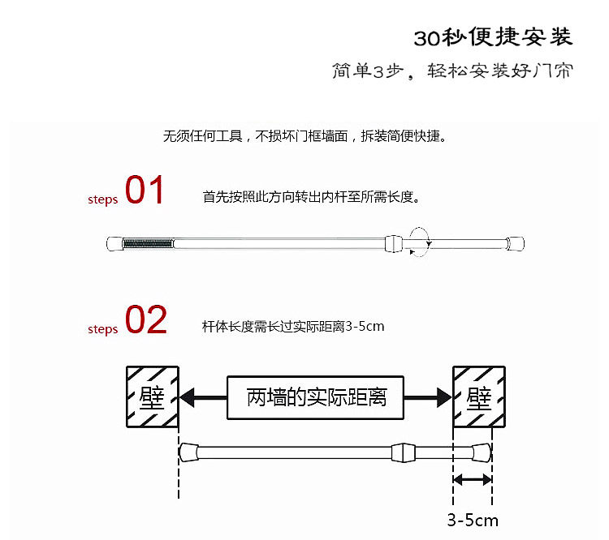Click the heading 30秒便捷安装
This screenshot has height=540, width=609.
click(x=493, y=37)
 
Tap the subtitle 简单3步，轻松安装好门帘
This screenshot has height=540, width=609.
click(x=452, y=71)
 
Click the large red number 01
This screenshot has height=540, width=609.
click(x=145, y=191)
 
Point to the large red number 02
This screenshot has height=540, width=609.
click(x=146, y=320)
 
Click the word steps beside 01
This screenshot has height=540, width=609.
click(x=103, y=199)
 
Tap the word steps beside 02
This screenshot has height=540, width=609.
click(x=103, y=329)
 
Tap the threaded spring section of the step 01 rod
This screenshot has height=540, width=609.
click(x=148, y=242)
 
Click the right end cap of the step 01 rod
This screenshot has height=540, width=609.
click(x=516, y=242)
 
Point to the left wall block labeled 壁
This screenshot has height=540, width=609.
click(x=152, y=396)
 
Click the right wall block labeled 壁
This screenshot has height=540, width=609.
click(x=480, y=396)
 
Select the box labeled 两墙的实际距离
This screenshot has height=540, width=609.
click(x=316, y=397)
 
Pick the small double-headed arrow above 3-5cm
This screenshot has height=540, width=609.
click(x=472, y=481)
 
